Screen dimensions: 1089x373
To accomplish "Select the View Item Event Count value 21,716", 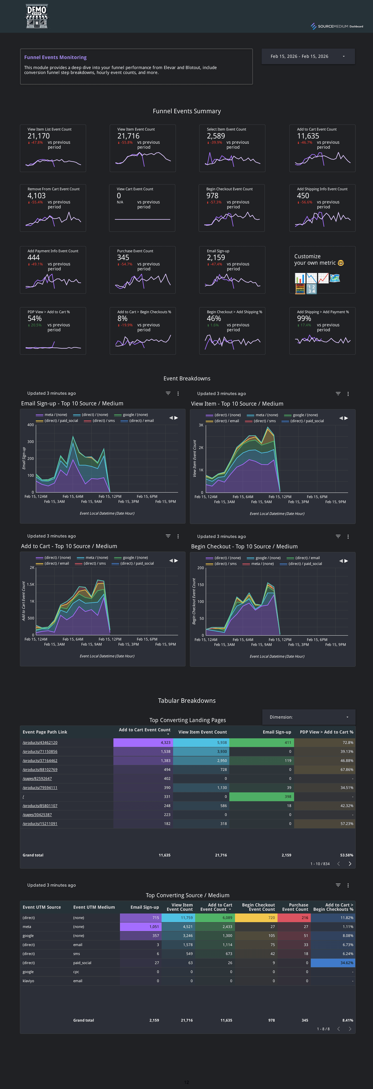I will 128,136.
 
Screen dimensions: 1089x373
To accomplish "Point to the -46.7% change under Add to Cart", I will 306,142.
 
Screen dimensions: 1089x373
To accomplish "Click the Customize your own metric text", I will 315,259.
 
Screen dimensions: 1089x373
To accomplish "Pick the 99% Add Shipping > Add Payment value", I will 304,318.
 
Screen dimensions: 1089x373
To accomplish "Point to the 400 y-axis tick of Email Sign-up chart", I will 30,425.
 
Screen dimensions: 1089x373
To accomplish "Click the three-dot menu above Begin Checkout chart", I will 348,537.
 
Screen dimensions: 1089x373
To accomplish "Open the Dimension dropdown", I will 308,717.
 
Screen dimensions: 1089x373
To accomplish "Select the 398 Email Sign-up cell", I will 287,796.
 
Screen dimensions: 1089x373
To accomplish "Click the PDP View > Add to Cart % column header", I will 326,732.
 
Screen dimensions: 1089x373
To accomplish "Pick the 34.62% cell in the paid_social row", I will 346,963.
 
